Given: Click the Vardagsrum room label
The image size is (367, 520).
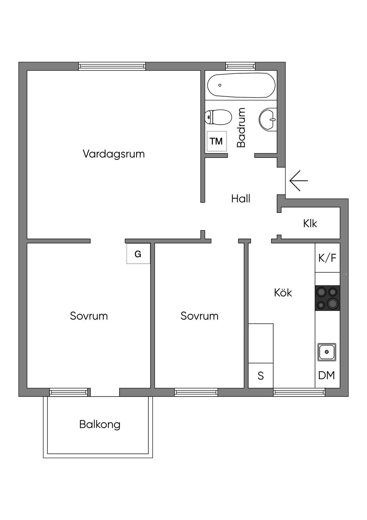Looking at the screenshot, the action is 114,154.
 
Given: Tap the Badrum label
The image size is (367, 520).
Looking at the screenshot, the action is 241,127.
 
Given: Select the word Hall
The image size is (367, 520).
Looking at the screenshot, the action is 240,199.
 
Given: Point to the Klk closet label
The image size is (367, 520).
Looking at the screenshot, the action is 310,223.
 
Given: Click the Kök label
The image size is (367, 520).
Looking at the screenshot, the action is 283,293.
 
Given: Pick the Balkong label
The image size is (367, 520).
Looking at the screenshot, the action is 100,424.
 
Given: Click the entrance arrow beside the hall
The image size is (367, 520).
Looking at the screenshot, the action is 298,181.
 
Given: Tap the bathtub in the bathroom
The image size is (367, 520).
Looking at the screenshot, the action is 241,85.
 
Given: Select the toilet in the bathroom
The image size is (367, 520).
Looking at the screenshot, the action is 218,117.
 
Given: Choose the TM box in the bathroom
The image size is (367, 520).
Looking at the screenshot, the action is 216,141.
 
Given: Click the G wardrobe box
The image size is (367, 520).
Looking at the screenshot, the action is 138,254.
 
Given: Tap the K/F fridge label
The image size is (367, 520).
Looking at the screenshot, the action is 327,258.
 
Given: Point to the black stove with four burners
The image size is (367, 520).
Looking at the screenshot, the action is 327,298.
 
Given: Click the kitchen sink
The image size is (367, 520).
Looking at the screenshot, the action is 327,352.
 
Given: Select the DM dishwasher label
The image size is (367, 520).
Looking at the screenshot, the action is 327,375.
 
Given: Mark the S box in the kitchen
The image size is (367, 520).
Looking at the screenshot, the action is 261,376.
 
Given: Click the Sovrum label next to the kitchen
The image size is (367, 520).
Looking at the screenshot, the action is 199,316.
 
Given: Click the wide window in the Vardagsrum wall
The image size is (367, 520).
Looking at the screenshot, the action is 112,66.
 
